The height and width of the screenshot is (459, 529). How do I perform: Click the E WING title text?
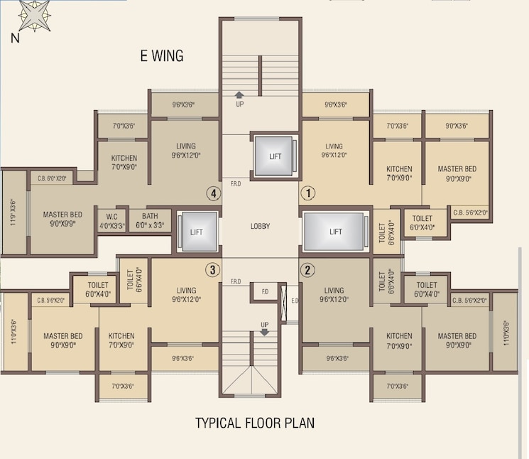[161, 56]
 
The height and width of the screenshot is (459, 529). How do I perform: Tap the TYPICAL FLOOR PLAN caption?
[255, 423]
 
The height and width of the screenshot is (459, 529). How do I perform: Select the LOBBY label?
[260, 227]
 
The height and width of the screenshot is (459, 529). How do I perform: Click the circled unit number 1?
[308, 193]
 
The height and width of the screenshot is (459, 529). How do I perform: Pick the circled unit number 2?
[308, 269]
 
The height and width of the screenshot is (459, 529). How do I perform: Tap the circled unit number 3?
[211, 269]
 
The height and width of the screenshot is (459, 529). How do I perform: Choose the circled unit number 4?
[211, 193]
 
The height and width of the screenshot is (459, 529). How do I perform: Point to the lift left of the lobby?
[197, 232]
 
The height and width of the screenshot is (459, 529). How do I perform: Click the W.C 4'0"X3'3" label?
[111, 221]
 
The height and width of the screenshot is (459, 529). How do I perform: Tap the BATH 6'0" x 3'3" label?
[149, 221]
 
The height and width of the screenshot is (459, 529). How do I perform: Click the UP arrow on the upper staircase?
[240, 98]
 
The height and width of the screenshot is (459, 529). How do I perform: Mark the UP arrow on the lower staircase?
[265, 328]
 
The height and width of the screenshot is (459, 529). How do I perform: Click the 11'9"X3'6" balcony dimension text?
[12, 212]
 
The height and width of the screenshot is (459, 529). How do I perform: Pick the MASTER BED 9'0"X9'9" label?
[62, 218]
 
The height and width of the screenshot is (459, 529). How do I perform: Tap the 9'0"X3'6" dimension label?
[456, 126]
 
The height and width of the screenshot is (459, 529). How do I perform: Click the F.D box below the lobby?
[265, 291]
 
